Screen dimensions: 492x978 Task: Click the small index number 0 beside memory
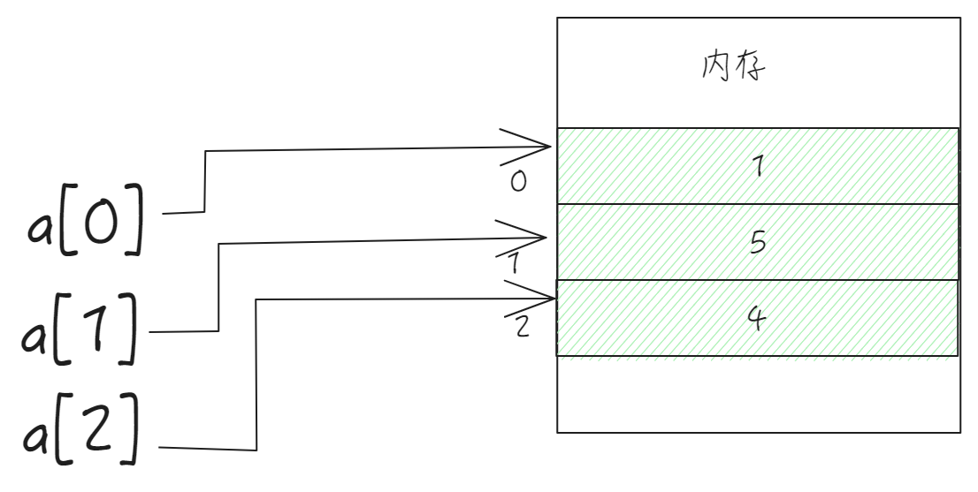(519, 181)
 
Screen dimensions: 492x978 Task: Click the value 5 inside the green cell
(757, 241)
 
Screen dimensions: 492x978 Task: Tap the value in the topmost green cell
(757, 166)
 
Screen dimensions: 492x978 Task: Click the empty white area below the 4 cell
(757, 394)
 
